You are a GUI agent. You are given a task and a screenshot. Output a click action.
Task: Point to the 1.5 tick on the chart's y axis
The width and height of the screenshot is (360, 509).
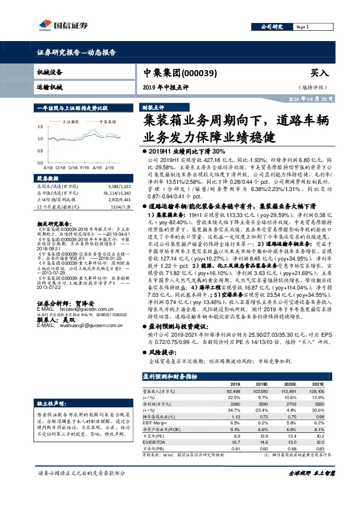tap(40, 127)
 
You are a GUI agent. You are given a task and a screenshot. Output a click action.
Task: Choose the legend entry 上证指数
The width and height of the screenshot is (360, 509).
tap(71, 122)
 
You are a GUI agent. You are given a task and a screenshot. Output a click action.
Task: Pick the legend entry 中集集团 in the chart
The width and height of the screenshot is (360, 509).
tap(99, 122)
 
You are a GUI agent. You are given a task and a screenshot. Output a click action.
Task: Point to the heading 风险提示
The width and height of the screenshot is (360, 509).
tap(159, 351)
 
